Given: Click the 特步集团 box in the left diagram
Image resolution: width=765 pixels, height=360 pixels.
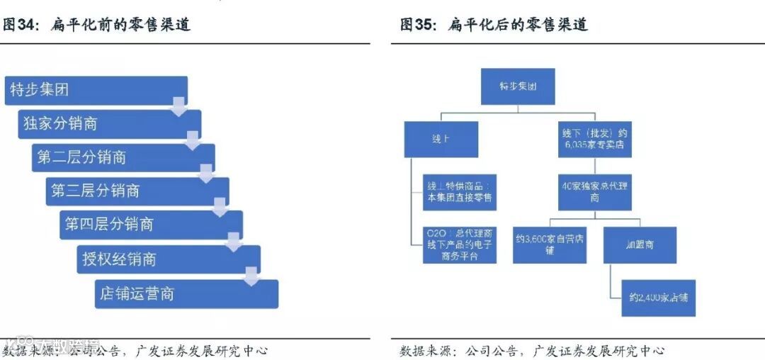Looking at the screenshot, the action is click(x=96, y=91).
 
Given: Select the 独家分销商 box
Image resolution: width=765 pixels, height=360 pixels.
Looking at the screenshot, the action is click(x=110, y=124).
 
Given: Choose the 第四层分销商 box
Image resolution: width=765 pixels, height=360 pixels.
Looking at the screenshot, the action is click(x=151, y=225).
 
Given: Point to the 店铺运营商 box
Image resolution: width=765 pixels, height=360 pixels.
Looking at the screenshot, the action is click(x=186, y=293).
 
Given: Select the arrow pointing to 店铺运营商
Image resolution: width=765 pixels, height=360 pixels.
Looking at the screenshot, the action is click(x=251, y=277).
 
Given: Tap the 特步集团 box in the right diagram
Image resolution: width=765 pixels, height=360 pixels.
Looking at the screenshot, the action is click(x=517, y=86).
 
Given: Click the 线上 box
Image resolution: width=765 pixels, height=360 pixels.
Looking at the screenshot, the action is click(x=441, y=139).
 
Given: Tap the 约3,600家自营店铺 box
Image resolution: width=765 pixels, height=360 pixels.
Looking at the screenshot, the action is click(x=549, y=244).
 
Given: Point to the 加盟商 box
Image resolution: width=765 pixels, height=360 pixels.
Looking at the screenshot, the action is click(x=640, y=244).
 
